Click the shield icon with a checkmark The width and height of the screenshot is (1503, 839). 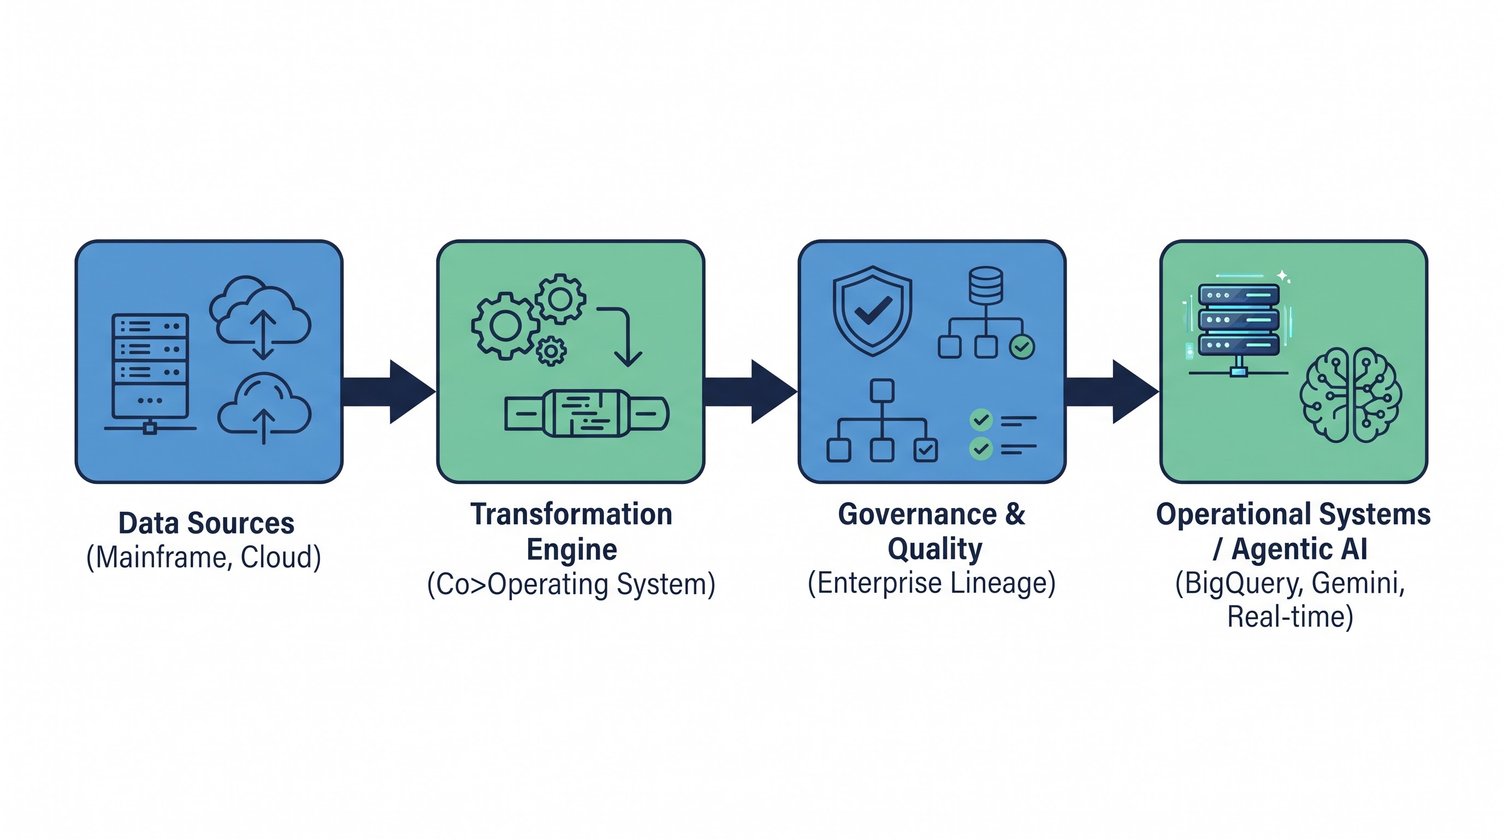pos(872,311)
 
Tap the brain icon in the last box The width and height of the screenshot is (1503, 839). pos(1351,395)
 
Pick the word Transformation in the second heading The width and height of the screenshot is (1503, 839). pos(572,515)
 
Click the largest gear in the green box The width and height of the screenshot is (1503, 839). pos(505,326)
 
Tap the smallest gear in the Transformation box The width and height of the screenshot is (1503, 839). pos(551,351)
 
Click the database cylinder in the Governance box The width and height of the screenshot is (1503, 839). pos(986,285)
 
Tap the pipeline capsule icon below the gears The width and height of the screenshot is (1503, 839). pos(587,413)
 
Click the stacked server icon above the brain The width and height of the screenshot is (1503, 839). pos(1239,327)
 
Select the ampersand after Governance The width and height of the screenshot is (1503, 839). pos(1015,515)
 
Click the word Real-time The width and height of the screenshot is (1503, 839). pos(1290,617)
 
